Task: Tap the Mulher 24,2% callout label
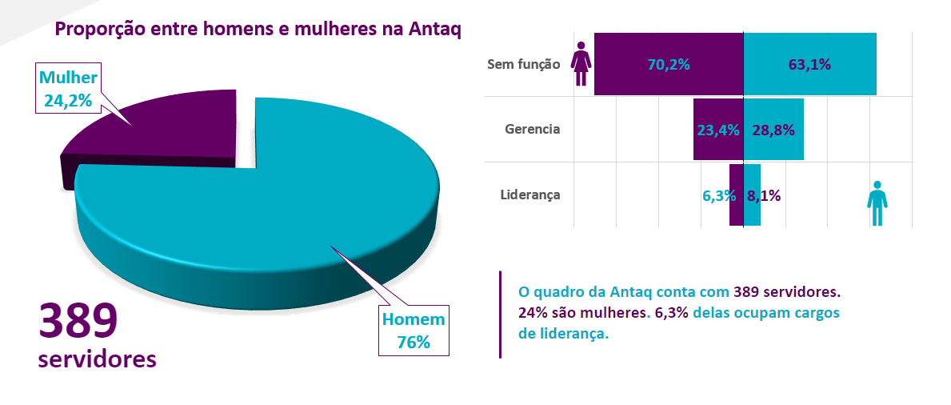tap(67, 89)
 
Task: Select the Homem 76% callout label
tap(413, 331)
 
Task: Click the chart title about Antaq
tap(258, 30)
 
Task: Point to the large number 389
tap(78, 322)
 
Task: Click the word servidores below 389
tap(97, 359)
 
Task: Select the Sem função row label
tap(523, 65)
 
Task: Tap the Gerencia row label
tap(532, 129)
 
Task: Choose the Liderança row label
tap(529, 194)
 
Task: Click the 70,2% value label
tap(669, 65)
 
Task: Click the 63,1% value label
tap(809, 65)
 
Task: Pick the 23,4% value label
tap(718, 130)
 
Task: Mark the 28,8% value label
tap(773, 130)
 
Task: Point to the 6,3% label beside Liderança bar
tap(718, 195)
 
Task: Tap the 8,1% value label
tap(764, 195)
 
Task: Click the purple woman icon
tap(581, 63)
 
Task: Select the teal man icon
tap(877, 203)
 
